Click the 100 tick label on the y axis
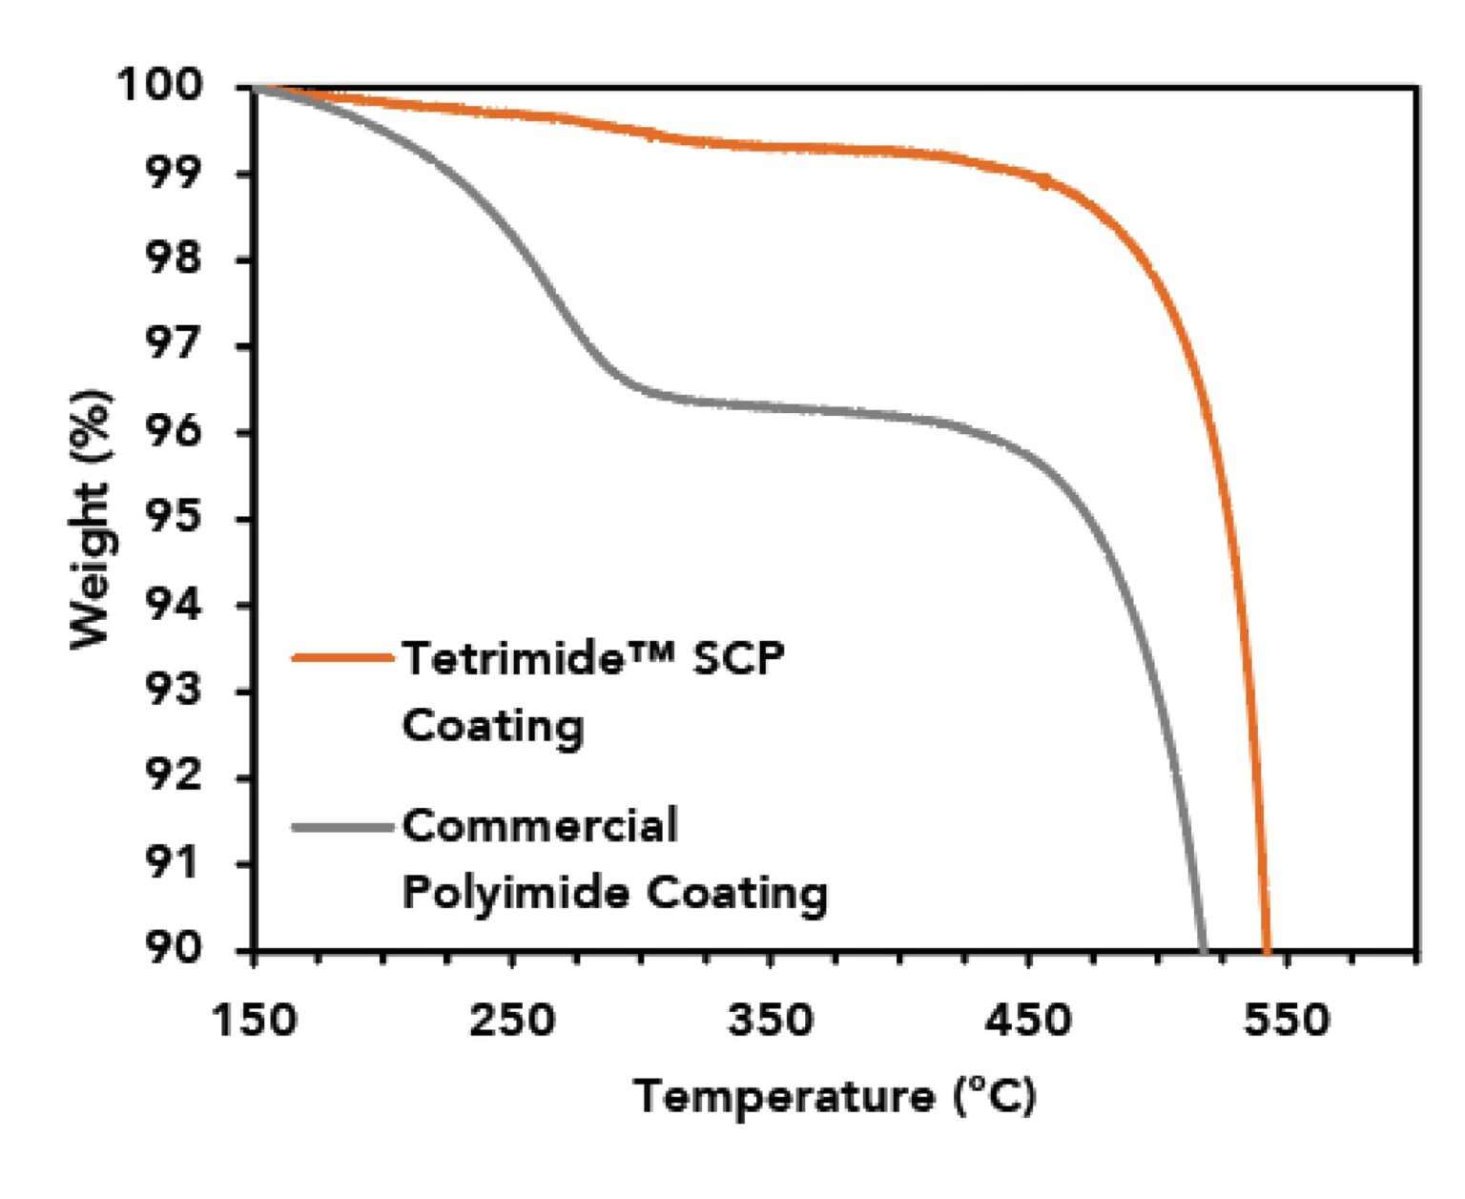click(x=160, y=86)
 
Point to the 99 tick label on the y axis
click(x=174, y=173)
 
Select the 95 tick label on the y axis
click(x=174, y=518)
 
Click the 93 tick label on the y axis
click(x=174, y=690)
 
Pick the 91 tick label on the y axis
click(x=174, y=863)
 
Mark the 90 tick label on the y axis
click(x=174, y=948)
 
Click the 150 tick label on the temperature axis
click(x=254, y=1020)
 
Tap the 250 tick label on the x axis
click(x=512, y=1020)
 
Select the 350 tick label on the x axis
click(x=771, y=1020)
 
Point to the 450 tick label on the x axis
click(x=1028, y=1020)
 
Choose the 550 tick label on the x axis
click(x=1287, y=1020)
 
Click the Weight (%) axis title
click(x=92, y=519)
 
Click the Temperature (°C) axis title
click(x=835, y=1096)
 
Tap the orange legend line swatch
click(x=342, y=657)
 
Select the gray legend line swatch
click(x=342, y=826)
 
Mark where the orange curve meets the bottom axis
click(x=1267, y=949)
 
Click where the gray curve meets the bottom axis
click(x=1203, y=949)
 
